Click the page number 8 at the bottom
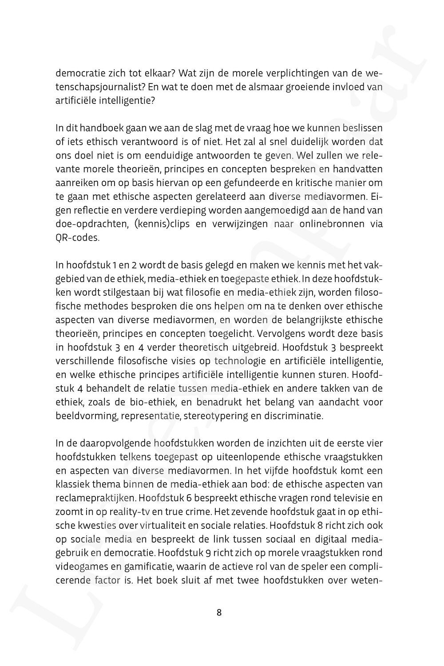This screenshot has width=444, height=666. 219,613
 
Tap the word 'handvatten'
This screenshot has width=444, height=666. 357,169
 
